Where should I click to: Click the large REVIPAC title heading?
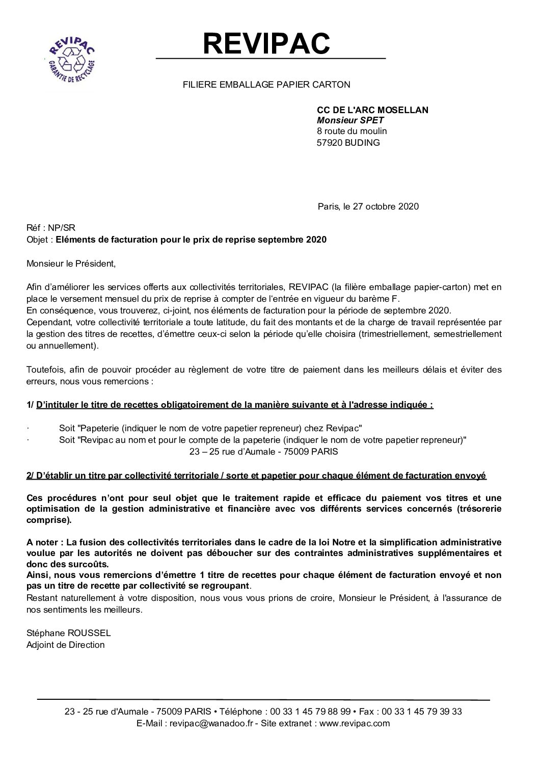click(266, 43)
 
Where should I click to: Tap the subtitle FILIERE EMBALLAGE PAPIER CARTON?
click(266, 85)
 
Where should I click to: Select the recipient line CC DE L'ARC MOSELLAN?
click(372, 110)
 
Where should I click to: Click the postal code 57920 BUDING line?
click(348, 143)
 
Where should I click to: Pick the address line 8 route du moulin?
click(352, 131)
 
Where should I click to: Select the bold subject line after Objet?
click(191, 240)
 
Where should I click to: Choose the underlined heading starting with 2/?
click(256, 476)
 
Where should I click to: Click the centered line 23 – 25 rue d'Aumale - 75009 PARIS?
click(263, 451)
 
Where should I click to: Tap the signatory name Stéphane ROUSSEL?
click(68, 633)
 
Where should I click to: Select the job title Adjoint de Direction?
click(65, 645)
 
